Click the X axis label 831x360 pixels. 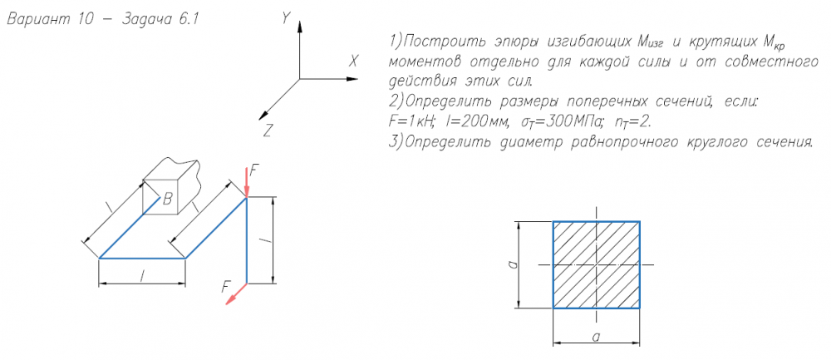point(353,62)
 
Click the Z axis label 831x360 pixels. point(268,131)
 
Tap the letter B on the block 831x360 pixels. point(167,199)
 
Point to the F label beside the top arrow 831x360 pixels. point(255,170)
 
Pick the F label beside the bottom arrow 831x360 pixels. point(226,285)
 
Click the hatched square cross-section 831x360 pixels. point(596,264)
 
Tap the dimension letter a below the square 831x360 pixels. point(595,336)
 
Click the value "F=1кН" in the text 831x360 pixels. point(406,121)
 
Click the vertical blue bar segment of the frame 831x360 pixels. point(247,241)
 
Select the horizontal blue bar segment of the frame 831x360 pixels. point(141,259)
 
